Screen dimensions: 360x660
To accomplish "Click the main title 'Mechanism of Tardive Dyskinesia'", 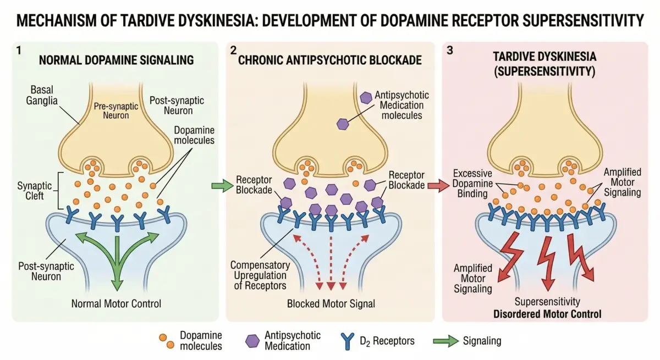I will tap(330, 21).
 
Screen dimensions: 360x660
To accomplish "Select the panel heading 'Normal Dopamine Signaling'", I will tap(116, 60).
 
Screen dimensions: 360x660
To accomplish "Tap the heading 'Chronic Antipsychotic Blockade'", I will tap(330, 60).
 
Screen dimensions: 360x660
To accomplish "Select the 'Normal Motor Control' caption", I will tap(117, 303).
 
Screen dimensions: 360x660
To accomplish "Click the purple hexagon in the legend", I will tap(252, 341).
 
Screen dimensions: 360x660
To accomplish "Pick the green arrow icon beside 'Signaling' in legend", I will tap(446, 341).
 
